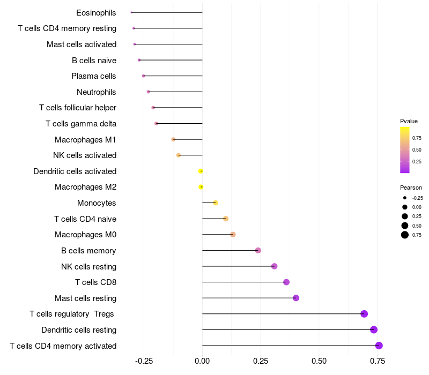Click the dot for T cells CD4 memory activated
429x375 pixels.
[x=379, y=346]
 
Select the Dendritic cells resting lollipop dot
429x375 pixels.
[x=374, y=330]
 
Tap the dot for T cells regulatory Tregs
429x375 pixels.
[x=364, y=314]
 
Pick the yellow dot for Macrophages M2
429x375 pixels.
[x=201, y=187]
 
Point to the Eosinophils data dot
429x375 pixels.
[x=131, y=12]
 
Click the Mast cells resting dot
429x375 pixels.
[x=296, y=298]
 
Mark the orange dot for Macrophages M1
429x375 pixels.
[x=173, y=139]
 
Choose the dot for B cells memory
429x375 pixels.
[x=258, y=251]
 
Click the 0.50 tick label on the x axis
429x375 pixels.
[x=319, y=361]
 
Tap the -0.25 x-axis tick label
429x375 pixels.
[x=143, y=361]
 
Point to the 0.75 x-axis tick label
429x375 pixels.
[x=377, y=361]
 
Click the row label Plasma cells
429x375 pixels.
[x=94, y=76]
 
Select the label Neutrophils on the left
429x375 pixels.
[x=97, y=92]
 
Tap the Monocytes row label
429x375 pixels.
[x=97, y=203]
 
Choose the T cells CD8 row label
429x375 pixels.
[x=96, y=282]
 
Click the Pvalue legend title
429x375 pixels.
[x=409, y=121]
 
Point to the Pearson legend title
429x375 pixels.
[x=411, y=187]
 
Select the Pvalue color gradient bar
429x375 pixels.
[x=405, y=150]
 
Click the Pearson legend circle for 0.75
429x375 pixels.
[x=405, y=235]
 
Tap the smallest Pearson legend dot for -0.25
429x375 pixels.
[x=405, y=198]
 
